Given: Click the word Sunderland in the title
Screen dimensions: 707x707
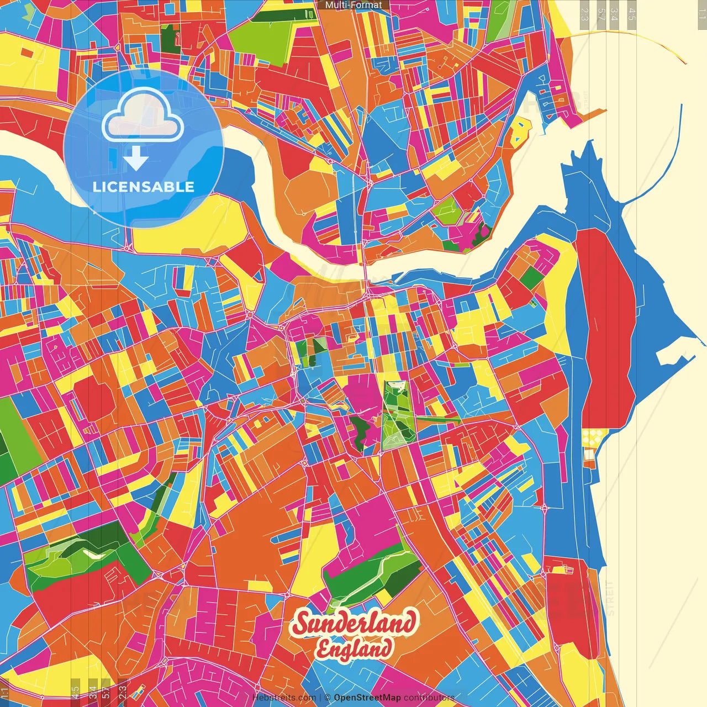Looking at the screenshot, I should pos(354,624).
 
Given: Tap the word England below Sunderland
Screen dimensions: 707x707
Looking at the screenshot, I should pos(354,649).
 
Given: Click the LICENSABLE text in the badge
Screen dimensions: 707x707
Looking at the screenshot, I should pos(143,187).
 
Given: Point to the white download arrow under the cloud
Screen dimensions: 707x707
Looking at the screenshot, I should pos(136,159).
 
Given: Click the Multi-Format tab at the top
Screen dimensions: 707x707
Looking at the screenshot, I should pos(353,5).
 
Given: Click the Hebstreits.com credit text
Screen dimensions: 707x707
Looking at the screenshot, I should pos(284,698).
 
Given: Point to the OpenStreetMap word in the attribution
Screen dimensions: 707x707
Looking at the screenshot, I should pos(367,698).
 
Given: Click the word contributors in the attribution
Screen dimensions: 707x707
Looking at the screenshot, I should pos(429,698).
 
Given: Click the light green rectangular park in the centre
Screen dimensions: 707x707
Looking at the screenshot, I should pos(397,414).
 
